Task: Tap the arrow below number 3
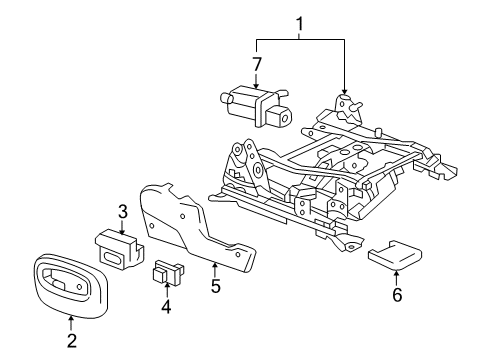coord(123,227)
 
